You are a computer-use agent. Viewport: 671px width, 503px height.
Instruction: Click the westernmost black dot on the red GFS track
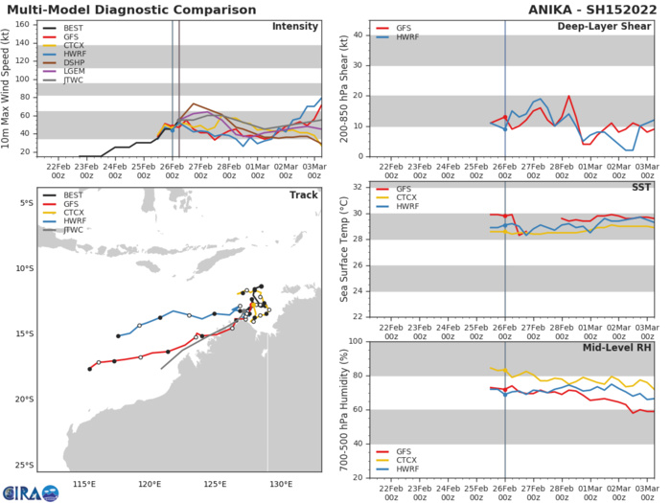point(89,369)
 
